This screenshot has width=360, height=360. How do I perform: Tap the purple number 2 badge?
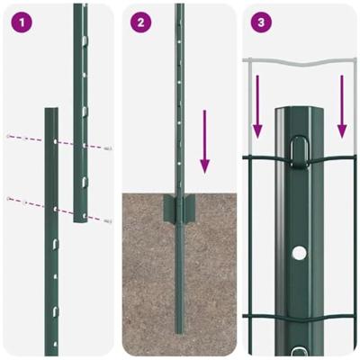pos(139,22)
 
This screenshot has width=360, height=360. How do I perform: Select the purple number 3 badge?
pos(261,22)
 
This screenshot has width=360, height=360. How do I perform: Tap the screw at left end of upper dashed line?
pos(8,136)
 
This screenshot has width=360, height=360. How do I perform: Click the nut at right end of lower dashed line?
pos(107,220)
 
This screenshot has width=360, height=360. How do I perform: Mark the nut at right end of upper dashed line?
pos(107,148)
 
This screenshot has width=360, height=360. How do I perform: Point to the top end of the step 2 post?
pos(179,7)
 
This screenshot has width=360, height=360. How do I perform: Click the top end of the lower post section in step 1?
pos(51,111)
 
